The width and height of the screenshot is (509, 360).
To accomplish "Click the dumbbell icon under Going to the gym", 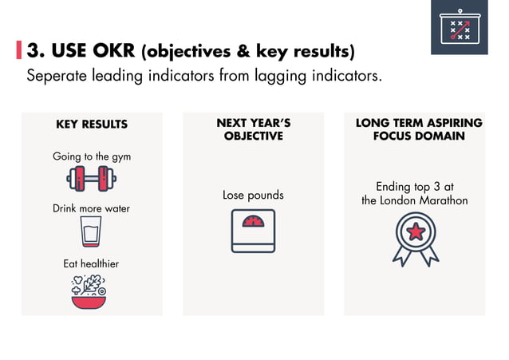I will click(91, 178).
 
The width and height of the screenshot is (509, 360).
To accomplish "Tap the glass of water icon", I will click(91, 231).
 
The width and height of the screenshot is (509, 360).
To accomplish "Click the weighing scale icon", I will click(253, 231).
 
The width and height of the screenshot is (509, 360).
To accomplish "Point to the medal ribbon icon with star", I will click(415, 239).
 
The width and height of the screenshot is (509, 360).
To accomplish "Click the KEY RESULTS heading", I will click(92, 125).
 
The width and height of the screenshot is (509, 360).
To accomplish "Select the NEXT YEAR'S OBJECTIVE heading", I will click(253, 130).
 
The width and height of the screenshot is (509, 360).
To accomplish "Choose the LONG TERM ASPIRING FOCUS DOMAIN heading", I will click(419, 130).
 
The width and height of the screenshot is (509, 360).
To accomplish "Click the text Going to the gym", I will click(92, 156).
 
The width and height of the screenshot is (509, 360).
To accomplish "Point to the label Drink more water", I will click(91, 208).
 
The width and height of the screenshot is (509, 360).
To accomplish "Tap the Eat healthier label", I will click(91, 263).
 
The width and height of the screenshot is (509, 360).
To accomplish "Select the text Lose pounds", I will click(253, 195).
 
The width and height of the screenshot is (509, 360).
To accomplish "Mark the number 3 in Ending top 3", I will click(436, 187).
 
